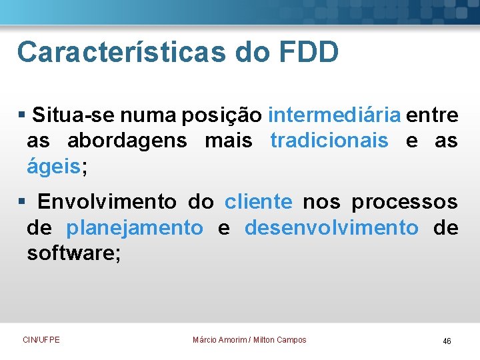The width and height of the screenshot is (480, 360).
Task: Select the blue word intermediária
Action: click(x=335, y=115)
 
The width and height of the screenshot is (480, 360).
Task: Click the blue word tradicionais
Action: click(x=329, y=141)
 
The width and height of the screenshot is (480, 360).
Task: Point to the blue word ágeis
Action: click(x=53, y=167)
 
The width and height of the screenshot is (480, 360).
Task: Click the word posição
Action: click(x=223, y=115)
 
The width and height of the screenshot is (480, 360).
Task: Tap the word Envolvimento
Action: click(x=107, y=201)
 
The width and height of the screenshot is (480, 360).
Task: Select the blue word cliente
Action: click(x=258, y=201)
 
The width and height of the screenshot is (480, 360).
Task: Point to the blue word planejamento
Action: click(x=135, y=227)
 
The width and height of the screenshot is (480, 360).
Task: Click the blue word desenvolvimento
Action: click(x=332, y=227)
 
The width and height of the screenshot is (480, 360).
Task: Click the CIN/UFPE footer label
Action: click(x=41, y=340)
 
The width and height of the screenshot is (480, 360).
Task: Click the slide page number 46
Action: click(x=447, y=341)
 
